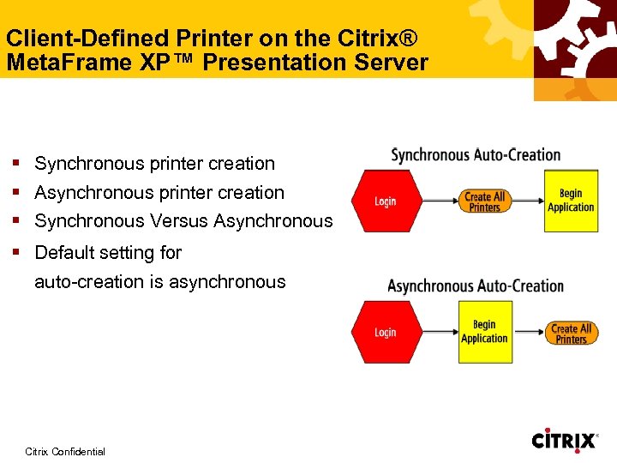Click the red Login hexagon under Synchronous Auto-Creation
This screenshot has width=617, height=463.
tap(385, 201)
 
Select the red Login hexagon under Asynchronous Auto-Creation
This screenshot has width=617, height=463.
tap(385, 332)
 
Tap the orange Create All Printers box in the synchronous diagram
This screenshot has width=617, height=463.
tap(484, 201)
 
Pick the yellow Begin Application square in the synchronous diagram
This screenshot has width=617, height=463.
tap(572, 201)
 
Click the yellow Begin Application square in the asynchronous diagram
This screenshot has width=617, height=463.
tap(484, 331)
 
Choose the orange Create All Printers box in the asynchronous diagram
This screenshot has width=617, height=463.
tap(571, 333)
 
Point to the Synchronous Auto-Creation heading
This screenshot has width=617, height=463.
tap(476, 155)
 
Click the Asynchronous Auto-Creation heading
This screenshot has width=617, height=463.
tap(476, 286)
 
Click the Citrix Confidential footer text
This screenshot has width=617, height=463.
tap(65, 451)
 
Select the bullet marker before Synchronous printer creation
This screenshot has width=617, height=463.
tap(16, 163)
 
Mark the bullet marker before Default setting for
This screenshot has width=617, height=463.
tap(16, 252)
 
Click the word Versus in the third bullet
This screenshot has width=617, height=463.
tap(179, 221)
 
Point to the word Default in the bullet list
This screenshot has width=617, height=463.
tap(64, 252)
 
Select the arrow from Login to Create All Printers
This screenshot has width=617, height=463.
tap(433, 201)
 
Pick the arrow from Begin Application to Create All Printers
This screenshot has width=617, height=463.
tap(527, 332)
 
